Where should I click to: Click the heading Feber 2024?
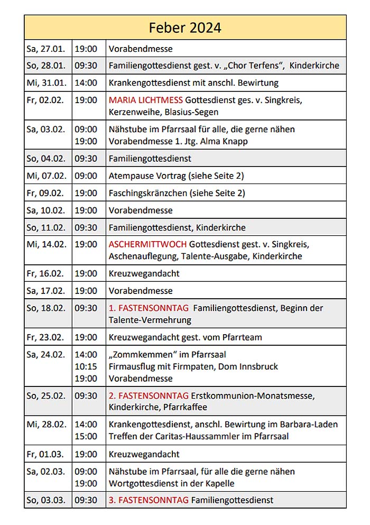click(185, 27)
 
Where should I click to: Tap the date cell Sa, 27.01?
click(46, 49)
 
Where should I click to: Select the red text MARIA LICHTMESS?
click(146, 100)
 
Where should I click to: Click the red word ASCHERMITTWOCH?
click(147, 245)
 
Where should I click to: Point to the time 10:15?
click(86, 366)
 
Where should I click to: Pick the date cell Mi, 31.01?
click(46, 83)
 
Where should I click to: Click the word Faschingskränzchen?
click(148, 193)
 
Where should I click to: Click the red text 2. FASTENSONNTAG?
click(149, 396)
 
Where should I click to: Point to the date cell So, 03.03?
click(46, 500)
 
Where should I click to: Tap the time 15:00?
click(86, 437)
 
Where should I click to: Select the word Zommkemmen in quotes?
click(140, 354)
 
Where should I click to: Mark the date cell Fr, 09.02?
click(46, 193)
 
